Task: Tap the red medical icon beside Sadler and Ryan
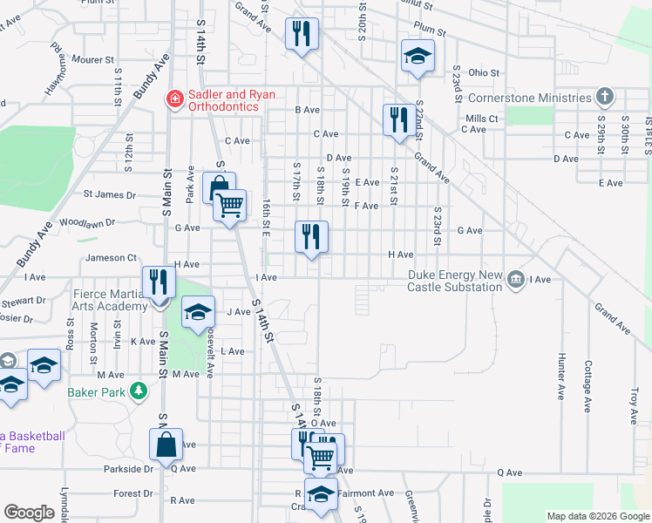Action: click(x=174, y=99)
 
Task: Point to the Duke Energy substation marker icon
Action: click(x=516, y=279)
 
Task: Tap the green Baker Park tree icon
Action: click(x=137, y=391)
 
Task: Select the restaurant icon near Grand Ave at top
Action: click(x=302, y=35)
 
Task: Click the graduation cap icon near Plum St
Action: click(x=418, y=58)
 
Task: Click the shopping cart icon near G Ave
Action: click(x=229, y=206)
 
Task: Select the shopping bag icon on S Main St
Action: click(x=165, y=445)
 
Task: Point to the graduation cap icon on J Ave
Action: click(x=198, y=312)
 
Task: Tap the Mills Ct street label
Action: click(x=481, y=119)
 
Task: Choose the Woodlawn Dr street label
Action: click(x=87, y=223)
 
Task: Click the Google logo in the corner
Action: click(x=29, y=513)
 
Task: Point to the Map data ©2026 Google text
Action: click(x=597, y=516)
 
